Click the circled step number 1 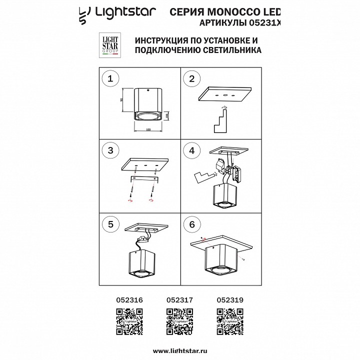pyautogui.click(x=111, y=78)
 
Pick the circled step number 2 pyautogui.click(x=192, y=78)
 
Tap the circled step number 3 pyautogui.click(x=111, y=150)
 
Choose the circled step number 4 pyautogui.click(x=192, y=150)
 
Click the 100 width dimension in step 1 pyautogui.click(x=148, y=129)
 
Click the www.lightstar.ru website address pyautogui.click(x=179, y=350)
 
